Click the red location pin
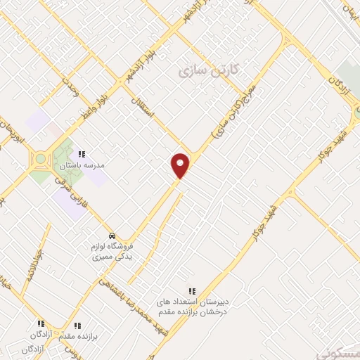[181, 165]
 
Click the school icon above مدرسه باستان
[82, 154]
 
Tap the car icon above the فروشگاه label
[112, 235]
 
